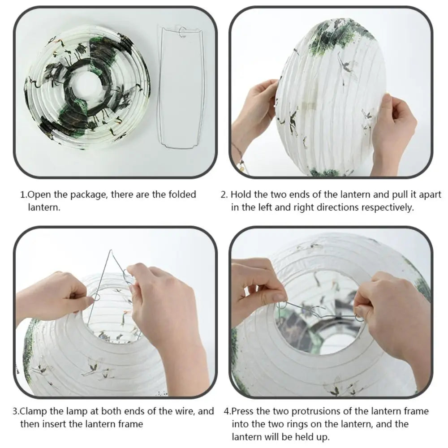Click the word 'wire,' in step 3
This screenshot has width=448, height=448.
coord(184,411)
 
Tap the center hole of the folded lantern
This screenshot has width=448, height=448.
coord(85,85)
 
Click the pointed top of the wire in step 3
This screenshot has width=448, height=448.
coord(111,252)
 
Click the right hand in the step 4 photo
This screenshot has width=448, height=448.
coord(390,314)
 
